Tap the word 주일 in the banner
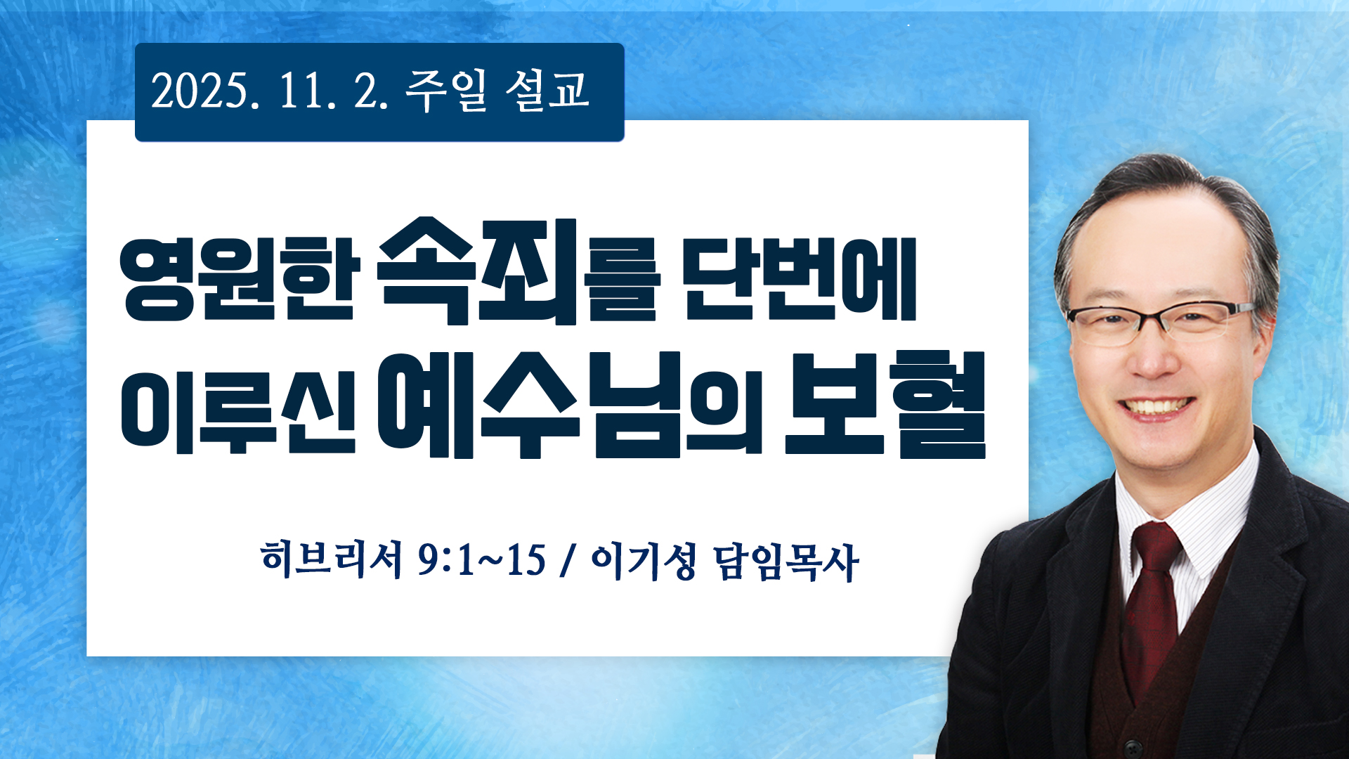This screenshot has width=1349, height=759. pyautogui.click(x=446, y=91)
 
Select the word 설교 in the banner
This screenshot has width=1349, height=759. pyautogui.click(x=547, y=91)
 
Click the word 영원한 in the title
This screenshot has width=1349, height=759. pyautogui.click(x=240, y=279)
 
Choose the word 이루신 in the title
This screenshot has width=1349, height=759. pyautogui.click(x=238, y=410)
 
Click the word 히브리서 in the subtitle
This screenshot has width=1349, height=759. pyautogui.click(x=331, y=560)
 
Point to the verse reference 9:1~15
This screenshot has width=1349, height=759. pyautogui.click(x=482, y=561)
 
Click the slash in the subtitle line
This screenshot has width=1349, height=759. pyautogui.click(x=566, y=561)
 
